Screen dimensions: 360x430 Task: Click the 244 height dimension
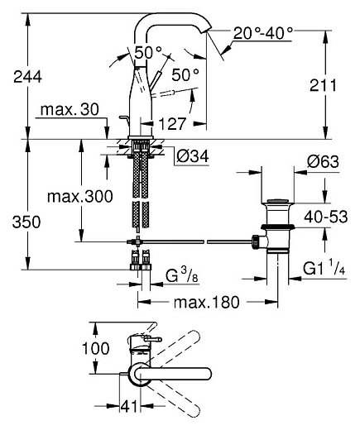tap(27, 77)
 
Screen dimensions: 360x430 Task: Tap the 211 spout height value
tap(323, 85)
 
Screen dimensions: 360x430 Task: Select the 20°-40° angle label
tap(263, 34)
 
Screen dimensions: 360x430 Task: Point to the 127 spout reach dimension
tap(172, 124)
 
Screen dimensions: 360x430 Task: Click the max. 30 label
tap(70, 110)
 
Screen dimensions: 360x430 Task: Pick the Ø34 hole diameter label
tap(193, 156)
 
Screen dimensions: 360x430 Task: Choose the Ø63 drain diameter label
tap(323, 161)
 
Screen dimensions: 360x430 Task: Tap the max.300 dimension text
tap(80, 197)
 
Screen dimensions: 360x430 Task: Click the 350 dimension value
tap(26, 222)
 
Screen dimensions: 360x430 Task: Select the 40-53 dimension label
tap(326, 217)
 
